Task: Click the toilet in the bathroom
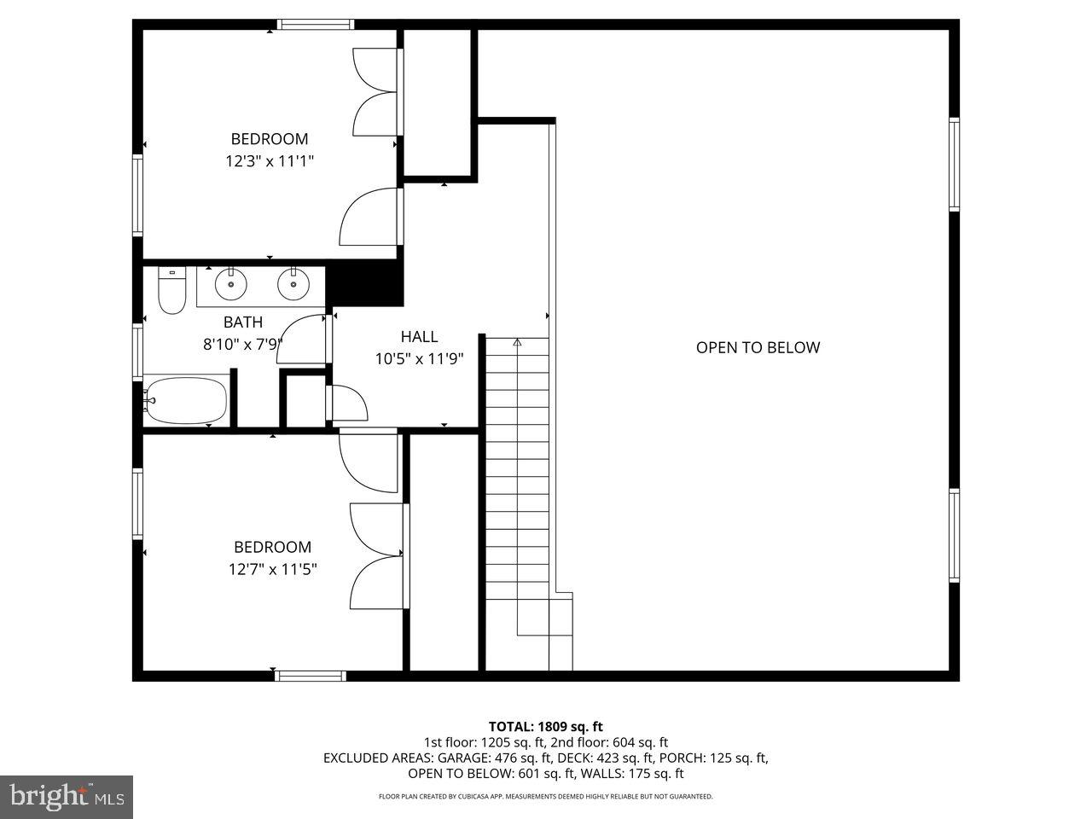pos(172,291)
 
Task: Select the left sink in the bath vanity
pos(229,284)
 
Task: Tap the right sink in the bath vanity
pos(293,284)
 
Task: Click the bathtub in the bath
pos(186,400)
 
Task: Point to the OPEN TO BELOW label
pos(758,347)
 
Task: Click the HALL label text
pos(419,337)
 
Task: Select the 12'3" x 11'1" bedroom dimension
pos(270,161)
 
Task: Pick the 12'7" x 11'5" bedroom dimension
pos(273,569)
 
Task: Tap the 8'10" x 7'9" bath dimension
pos(243,345)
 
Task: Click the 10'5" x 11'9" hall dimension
pos(419,359)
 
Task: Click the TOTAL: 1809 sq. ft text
pos(545,727)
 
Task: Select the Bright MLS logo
pos(66,797)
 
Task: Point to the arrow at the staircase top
pos(517,343)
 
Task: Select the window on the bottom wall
pos(311,676)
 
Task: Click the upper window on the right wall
pos(954,164)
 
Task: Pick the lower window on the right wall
pos(954,535)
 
